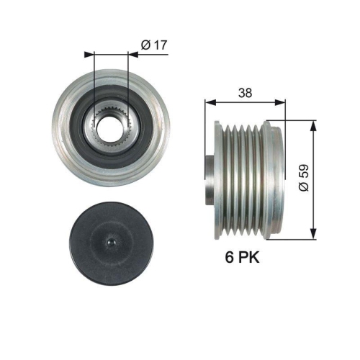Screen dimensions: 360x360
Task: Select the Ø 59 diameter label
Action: [x=303, y=178]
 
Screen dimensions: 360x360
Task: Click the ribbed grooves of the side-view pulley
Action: [x=241, y=176]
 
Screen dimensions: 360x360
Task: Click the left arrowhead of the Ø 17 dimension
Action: [x=89, y=53]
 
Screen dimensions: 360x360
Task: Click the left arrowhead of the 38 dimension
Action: [x=209, y=103]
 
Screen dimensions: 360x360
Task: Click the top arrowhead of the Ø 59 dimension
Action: [x=312, y=125]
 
